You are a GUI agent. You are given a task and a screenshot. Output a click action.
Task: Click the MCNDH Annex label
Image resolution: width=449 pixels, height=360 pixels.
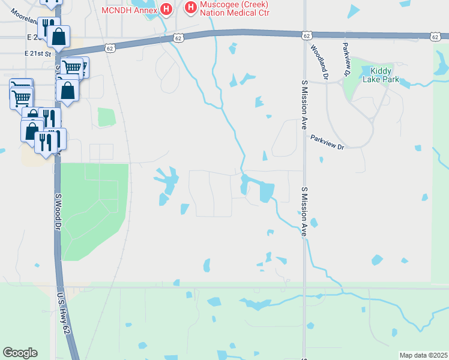tap(128, 10)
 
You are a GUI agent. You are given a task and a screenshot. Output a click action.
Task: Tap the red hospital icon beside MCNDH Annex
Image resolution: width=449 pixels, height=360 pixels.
tap(166, 10)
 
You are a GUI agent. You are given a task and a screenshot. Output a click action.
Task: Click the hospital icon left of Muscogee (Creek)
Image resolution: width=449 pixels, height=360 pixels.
tap(191, 8)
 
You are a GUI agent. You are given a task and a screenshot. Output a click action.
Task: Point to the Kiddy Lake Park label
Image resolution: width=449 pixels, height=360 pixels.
tap(381, 75)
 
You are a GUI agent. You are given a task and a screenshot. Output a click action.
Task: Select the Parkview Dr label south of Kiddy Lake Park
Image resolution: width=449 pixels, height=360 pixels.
tap(327, 142)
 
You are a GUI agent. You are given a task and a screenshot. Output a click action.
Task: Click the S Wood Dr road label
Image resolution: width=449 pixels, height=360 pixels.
tap(58, 211)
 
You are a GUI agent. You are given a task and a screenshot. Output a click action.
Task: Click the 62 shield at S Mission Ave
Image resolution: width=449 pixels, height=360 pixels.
tap(307, 35)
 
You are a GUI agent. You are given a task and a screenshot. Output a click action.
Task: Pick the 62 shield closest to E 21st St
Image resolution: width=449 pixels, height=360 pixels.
tap(109, 47)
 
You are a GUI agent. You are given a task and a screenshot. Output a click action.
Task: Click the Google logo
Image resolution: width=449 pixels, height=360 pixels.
tap(20, 353)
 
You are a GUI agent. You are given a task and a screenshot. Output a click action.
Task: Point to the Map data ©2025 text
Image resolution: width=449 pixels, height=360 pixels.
tap(423, 355)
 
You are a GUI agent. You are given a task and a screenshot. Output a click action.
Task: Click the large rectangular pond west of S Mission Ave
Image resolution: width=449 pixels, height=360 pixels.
tap(266, 192)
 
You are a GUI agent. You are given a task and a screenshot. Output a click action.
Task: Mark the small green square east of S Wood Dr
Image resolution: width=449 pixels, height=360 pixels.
tap(106, 118)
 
